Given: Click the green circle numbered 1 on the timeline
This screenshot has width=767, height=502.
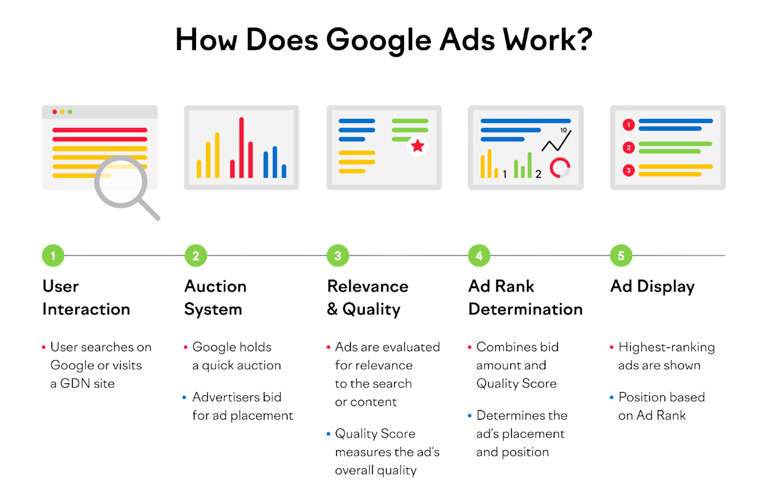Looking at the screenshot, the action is pos(53,255).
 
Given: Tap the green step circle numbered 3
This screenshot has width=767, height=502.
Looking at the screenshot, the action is pos(338,255).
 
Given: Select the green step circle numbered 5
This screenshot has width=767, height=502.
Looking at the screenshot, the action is pos(621,255).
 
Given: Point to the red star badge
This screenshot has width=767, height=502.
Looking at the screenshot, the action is pos(418,146).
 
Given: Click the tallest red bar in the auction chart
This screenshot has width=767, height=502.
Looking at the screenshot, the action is pos(242,147).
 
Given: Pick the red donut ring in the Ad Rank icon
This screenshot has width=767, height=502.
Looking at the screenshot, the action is pos(560,167).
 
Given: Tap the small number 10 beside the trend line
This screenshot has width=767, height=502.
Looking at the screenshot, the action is pos(564,130).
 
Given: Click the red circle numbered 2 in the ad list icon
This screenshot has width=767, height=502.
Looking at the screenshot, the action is pos(628,148).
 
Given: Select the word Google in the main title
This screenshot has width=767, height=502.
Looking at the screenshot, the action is pos(379,40).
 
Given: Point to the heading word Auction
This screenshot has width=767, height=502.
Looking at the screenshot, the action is pos(215,287).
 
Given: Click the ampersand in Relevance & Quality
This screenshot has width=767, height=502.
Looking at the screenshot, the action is pos(332,309).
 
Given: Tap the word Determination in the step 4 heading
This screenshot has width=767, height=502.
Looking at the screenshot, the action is pos(525,309).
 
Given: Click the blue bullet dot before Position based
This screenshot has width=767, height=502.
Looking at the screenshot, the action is pos(612,398).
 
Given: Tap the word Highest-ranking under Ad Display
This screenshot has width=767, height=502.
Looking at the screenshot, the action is pos(667,347).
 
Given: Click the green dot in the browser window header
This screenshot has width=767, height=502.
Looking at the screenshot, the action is pos(70,112).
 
